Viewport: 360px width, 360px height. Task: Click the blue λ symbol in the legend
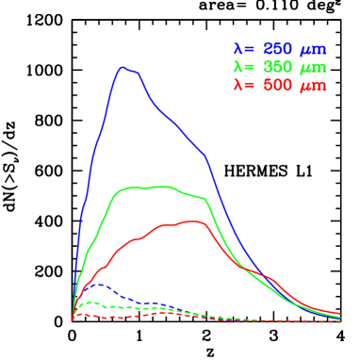click(237, 48)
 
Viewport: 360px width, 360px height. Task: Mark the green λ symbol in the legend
click(237, 67)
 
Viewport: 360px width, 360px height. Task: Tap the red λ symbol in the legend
click(237, 86)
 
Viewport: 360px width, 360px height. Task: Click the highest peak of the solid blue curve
click(123, 67)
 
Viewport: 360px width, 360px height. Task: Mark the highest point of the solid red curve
click(194, 221)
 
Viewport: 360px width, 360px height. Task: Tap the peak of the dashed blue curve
click(99, 284)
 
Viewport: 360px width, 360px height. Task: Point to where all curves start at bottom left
click(73, 320)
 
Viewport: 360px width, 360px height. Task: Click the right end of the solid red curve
click(339, 314)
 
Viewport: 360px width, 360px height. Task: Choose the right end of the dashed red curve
click(339, 321)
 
